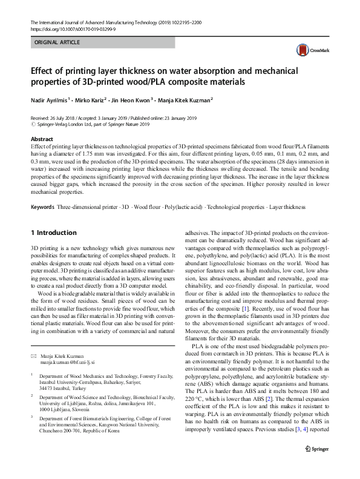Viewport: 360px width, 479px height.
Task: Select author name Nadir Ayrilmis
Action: (x=48, y=99)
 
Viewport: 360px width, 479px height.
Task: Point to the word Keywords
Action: (x=42, y=208)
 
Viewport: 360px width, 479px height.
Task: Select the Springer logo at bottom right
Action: (x=318, y=464)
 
